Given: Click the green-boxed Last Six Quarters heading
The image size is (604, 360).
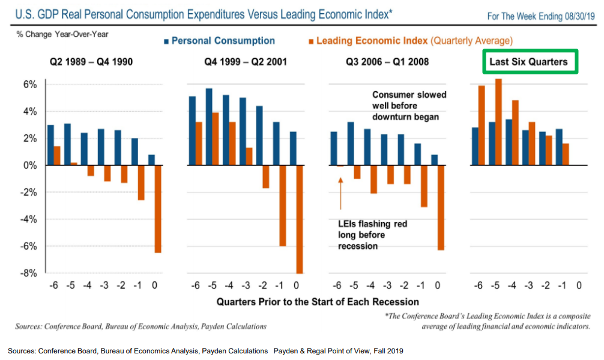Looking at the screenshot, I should pos(528,62).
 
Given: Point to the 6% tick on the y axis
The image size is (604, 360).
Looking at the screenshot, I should pos(30,85).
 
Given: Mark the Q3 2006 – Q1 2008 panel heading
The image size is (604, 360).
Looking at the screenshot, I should pos(388,62).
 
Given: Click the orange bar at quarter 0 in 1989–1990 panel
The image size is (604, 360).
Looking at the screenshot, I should pos(157,209).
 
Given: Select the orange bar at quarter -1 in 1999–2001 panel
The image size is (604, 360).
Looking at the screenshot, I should pos(282,205).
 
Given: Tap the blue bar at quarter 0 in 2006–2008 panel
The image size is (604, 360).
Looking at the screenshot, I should pos(433,160).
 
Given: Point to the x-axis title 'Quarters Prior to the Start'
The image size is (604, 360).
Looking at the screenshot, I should pos(318,301).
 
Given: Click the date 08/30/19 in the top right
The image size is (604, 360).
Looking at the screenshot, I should pos(576,16).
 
